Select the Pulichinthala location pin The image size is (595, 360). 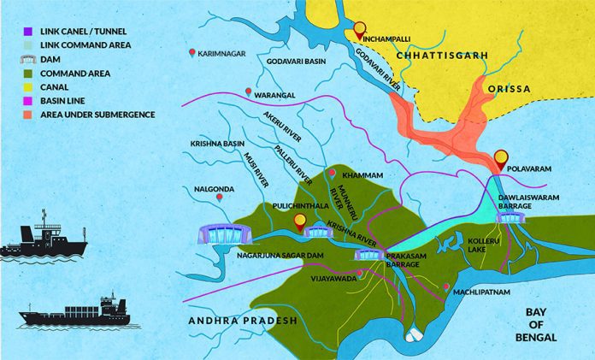click(x=298, y=222)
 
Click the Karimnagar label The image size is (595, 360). click(x=221, y=53)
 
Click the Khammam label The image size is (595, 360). click(x=361, y=175)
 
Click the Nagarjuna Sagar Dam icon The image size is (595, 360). click(x=225, y=233)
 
